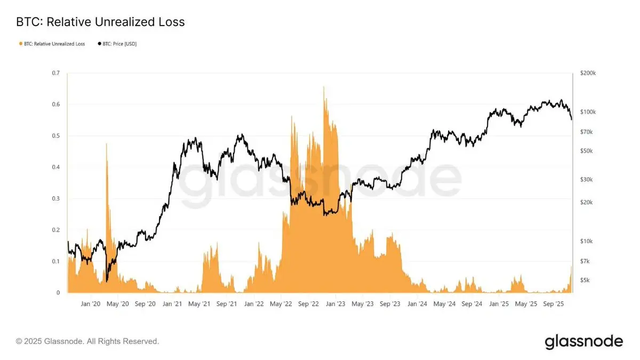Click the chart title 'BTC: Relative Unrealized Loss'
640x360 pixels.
click(x=101, y=22)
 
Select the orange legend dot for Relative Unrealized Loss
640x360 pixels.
click(x=20, y=44)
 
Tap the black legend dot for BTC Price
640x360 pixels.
click(x=99, y=44)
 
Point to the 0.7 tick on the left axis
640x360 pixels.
click(x=55, y=73)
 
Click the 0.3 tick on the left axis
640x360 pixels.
click(x=55, y=198)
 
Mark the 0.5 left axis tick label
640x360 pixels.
click(x=55, y=136)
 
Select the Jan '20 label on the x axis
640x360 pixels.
click(x=90, y=304)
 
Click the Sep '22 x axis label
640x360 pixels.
click(x=308, y=304)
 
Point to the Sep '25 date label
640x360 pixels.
click(x=553, y=304)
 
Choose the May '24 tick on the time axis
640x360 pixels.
click(x=444, y=304)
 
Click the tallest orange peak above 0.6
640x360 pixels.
click(x=324, y=87)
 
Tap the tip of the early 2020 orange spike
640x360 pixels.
click(x=107, y=144)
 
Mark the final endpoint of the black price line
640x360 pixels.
click(x=572, y=119)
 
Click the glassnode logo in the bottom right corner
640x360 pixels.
click(x=583, y=341)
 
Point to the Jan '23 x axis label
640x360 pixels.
click(x=335, y=304)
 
